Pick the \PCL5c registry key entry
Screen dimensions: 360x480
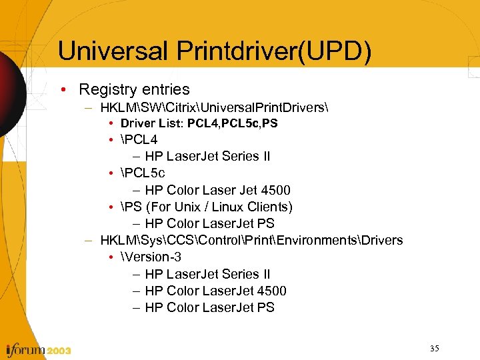tap(143, 173)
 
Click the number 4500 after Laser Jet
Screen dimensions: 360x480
tap(276, 190)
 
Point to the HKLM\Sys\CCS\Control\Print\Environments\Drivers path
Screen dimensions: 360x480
tap(251, 240)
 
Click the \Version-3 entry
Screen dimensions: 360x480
tap(151, 257)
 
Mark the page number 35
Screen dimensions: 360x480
tap(435, 348)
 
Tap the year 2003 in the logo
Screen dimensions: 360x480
tap(59, 351)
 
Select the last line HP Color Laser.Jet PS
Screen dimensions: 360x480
tap(209, 307)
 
